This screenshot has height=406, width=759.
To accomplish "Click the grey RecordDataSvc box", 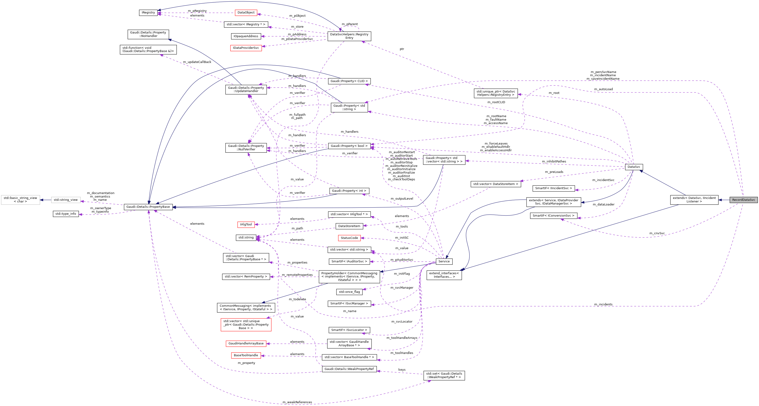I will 743,200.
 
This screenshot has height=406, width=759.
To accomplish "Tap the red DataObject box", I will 246,13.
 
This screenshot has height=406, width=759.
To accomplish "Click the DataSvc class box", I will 634,167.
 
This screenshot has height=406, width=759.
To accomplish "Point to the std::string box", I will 246,238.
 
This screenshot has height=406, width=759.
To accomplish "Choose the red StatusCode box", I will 349,238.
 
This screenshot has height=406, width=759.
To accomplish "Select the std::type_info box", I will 66,214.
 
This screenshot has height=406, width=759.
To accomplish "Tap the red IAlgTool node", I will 246,224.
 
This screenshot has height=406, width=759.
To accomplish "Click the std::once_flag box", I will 349,292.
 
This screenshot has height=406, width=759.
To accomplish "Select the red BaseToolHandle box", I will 246,355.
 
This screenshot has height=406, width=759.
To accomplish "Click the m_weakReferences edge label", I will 297,402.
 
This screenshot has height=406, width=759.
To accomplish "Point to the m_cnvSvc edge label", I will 657,233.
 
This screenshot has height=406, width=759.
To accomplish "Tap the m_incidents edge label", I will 603,304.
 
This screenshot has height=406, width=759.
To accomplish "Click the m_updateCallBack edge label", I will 197,62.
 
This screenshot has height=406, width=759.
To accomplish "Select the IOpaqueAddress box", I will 246,36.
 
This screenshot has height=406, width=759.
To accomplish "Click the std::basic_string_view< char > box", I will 20,200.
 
